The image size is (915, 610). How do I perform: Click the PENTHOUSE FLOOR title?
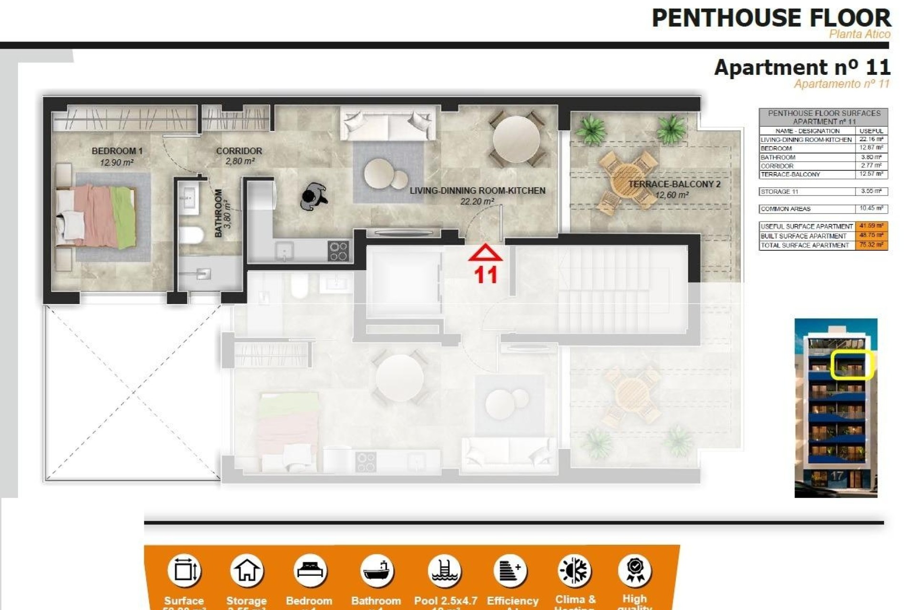771,18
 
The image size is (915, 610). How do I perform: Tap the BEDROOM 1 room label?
117,151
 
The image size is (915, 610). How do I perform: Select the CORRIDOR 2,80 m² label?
239,156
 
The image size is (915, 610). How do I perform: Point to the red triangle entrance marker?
485,253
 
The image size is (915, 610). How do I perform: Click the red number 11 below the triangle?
486,275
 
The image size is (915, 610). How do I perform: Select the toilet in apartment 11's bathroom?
191,235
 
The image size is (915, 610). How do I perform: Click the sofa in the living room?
388,123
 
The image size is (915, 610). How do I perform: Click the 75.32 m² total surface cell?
872,245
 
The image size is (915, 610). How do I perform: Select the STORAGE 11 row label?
779,192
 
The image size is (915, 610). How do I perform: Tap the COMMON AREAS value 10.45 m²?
872,209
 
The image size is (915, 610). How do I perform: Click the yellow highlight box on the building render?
851,365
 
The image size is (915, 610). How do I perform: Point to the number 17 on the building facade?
836,476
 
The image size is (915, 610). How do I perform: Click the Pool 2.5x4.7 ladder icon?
444,570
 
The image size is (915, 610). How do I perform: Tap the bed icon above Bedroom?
309,570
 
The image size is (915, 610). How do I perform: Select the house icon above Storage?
246,570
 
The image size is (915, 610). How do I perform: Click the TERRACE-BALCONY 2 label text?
674,184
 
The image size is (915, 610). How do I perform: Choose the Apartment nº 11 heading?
802,67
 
